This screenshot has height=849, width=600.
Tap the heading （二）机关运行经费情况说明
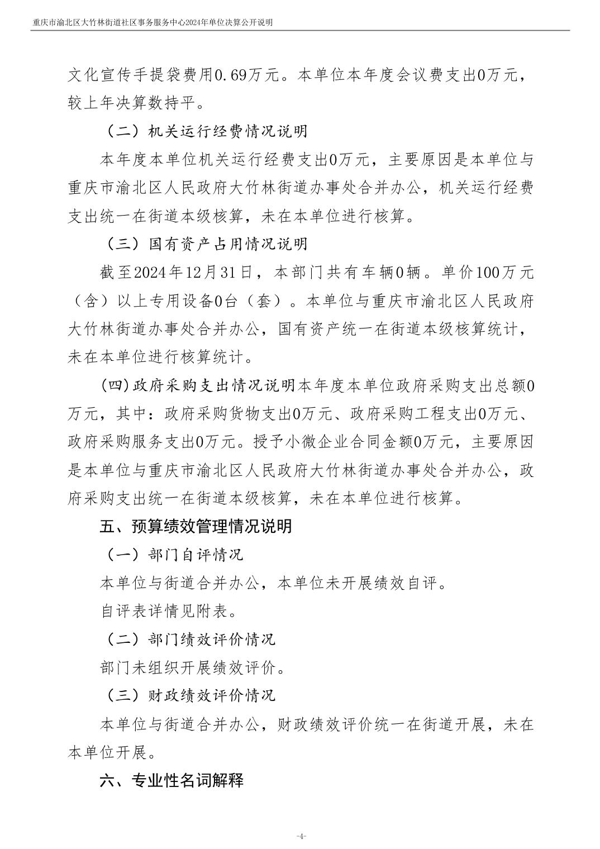pos(206,131)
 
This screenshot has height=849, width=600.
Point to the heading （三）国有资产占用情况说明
pos(206,244)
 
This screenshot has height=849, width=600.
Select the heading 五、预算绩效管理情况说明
pos(196,527)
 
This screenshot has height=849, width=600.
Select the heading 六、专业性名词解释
pos(172,780)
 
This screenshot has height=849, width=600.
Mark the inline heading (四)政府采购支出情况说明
pos(198,385)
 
